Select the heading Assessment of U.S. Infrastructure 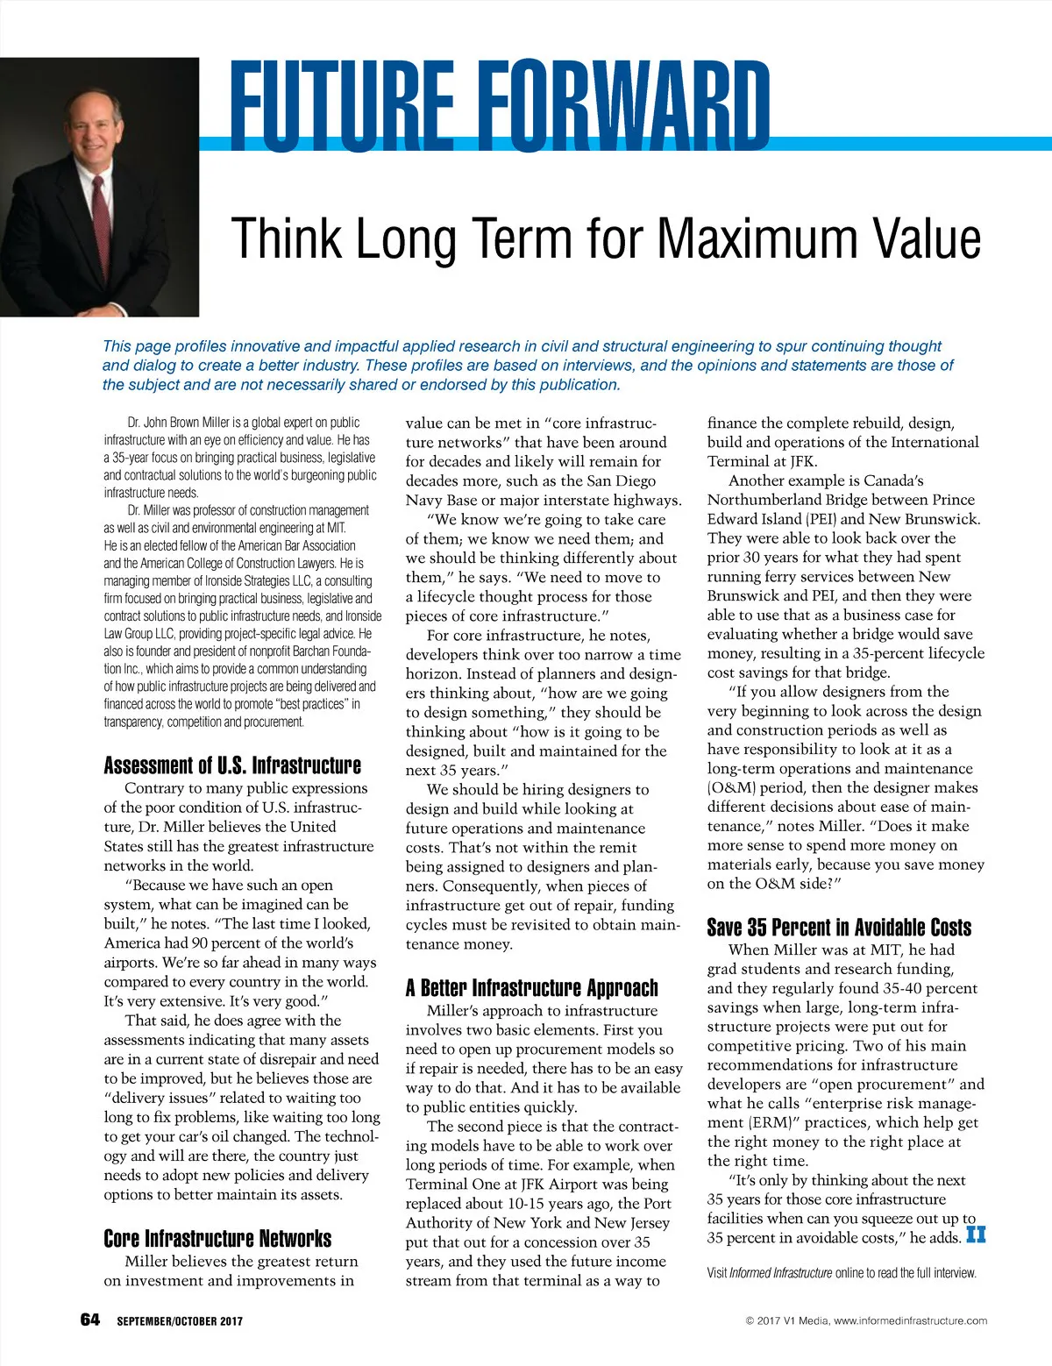(x=232, y=765)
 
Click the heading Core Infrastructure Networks (x=217, y=1238)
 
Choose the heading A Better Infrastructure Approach (x=531, y=988)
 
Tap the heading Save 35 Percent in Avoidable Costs (x=839, y=928)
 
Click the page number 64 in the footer (x=90, y=1320)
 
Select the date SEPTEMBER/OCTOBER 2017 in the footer (x=180, y=1321)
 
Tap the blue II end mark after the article (x=976, y=1235)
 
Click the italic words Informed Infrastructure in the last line (x=780, y=1273)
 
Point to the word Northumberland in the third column (x=766, y=500)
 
